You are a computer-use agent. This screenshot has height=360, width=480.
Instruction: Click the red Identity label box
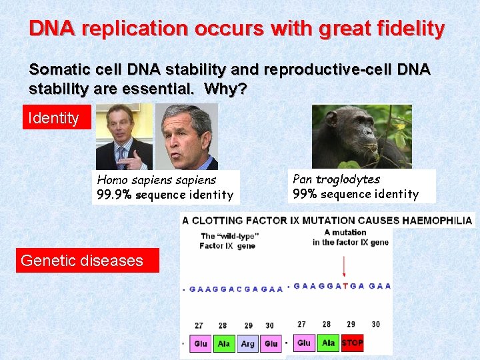(53, 118)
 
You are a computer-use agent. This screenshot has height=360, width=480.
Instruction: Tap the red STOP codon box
(352, 343)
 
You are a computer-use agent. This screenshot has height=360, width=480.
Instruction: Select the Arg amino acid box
(247, 344)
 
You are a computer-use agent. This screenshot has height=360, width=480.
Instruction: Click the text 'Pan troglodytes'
(337, 179)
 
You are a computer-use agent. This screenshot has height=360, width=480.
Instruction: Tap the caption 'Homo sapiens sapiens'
(157, 179)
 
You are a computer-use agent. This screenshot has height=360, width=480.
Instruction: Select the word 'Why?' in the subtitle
(225, 88)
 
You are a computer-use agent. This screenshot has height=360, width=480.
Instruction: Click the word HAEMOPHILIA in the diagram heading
(437, 220)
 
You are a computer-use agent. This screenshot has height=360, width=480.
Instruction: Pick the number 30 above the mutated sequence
(376, 324)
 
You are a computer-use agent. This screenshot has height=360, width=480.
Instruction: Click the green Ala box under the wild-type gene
(224, 344)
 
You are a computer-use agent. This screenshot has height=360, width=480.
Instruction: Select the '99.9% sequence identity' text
(165, 195)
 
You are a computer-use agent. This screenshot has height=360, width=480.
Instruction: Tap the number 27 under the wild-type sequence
(199, 325)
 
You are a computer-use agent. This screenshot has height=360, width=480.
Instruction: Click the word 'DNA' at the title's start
(52, 29)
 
